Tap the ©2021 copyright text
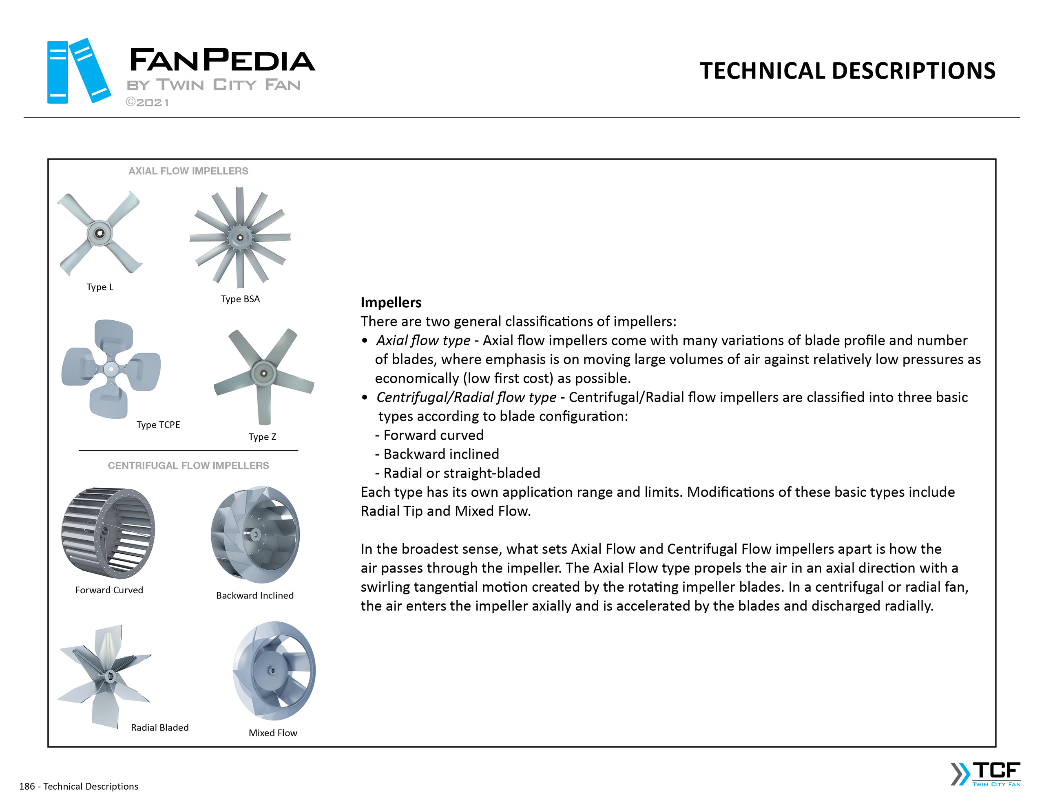(x=147, y=103)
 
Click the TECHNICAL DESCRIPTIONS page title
(x=847, y=71)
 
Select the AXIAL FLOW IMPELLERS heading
(x=188, y=171)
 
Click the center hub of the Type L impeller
(x=100, y=233)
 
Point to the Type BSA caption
(x=241, y=299)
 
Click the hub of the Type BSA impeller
(x=240, y=238)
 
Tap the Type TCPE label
(x=158, y=425)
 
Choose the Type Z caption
(x=263, y=437)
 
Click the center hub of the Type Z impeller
(x=263, y=373)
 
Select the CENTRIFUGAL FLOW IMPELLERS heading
(x=188, y=465)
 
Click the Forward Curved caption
(x=109, y=590)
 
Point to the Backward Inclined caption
(x=255, y=595)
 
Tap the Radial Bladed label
(x=160, y=728)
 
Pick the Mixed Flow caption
(x=273, y=733)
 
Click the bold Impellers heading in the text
(x=391, y=302)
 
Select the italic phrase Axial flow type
(x=423, y=340)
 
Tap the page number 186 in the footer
(x=27, y=786)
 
